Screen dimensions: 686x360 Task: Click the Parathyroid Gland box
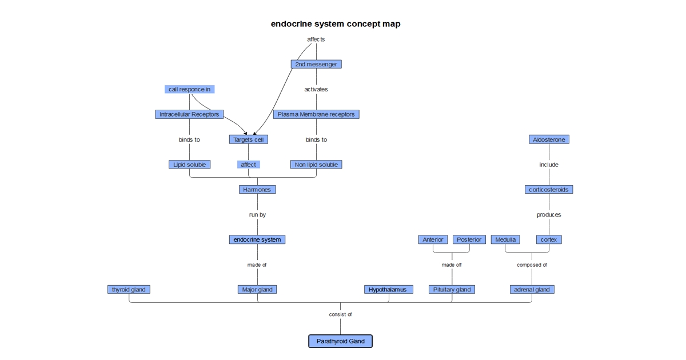click(x=340, y=341)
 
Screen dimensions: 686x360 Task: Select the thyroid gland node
click(x=129, y=289)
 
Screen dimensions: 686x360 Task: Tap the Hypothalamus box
click(x=388, y=289)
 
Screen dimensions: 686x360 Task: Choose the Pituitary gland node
click(x=452, y=289)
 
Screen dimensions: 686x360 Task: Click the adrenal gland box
click(x=532, y=289)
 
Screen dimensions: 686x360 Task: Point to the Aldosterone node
click(x=549, y=139)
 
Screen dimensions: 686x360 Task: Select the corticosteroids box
click(x=549, y=190)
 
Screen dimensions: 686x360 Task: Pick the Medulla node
click(x=505, y=239)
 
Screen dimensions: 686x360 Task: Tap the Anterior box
click(x=433, y=239)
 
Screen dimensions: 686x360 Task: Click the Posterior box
click(x=469, y=239)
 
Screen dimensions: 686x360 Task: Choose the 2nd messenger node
click(x=316, y=64)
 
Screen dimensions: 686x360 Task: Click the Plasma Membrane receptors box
click(x=316, y=114)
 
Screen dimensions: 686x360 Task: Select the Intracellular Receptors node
click(x=189, y=114)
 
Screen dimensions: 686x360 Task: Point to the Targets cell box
click(x=248, y=139)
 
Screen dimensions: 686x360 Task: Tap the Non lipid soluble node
click(x=316, y=165)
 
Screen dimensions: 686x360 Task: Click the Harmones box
click(x=257, y=190)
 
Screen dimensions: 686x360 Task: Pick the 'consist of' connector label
click(x=340, y=314)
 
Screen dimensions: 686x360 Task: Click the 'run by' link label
click(x=257, y=215)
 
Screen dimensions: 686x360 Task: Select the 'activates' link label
click(x=316, y=89)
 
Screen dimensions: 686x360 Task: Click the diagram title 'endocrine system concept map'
click(x=336, y=23)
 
